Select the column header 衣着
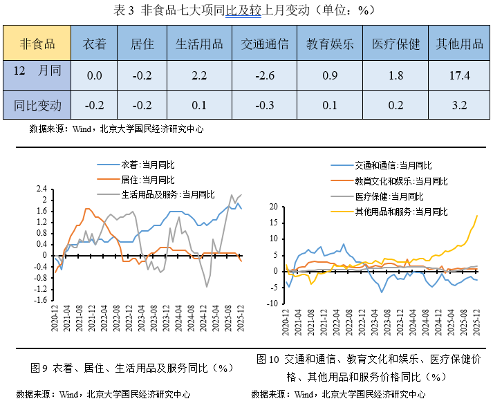(x=95, y=44)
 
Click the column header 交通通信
(x=265, y=44)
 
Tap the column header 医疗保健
(x=396, y=44)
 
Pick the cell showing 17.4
(x=459, y=75)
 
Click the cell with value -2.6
(x=265, y=75)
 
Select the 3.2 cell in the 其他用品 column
(x=459, y=106)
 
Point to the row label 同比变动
(x=38, y=106)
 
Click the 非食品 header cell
(x=38, y=44)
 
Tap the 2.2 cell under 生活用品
(x=199, y=75)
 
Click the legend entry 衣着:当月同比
(x=147, y=165)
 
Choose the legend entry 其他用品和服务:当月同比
(x=401, y=211)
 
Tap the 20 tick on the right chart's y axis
(x=273, y=207)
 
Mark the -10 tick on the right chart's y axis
(x=272, y=303)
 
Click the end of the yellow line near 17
(x=477, y=215)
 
